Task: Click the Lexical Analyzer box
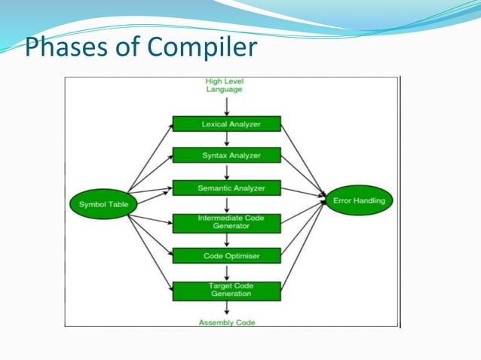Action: click(226, 124)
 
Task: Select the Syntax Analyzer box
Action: click(226, 155)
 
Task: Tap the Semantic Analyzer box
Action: click(226, 188)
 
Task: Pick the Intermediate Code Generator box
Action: click(226, 222)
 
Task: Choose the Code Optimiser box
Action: click(226, 256)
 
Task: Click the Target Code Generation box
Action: click(226, 290)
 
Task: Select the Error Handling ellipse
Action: click(358, 201)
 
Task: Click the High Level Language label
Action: click(224, 85)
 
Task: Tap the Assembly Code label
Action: click(226, 322)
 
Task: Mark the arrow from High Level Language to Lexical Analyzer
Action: click(227, 105)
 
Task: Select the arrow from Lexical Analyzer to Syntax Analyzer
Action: click(227, 139)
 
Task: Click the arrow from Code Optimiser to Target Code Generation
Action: click(227, 273)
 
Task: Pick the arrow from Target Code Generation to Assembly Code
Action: click(227, 308)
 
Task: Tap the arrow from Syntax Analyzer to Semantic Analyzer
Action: click(227, 172)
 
